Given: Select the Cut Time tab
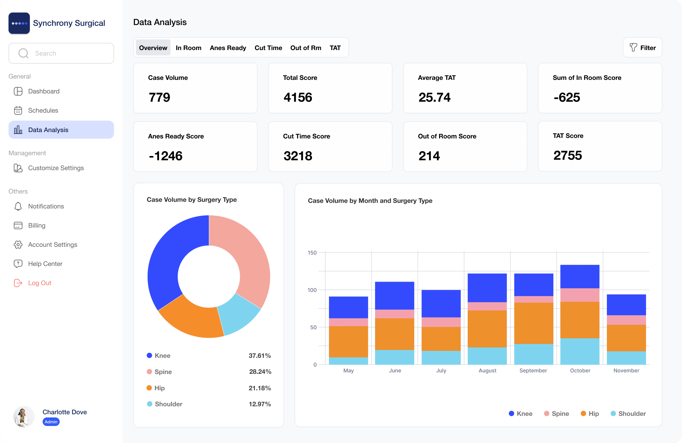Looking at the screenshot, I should click(268, 48).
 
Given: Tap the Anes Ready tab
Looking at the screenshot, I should click(228, 48).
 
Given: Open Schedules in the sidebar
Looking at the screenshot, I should click(43, 110).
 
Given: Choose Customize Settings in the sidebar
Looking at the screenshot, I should click(56, 168).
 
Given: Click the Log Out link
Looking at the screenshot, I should click(39, 283).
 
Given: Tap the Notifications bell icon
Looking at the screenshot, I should click(18, 207).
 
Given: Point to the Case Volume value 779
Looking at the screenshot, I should click(159, 97).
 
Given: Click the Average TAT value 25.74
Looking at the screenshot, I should click(435, 97).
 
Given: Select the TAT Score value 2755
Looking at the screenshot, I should click(568, 155).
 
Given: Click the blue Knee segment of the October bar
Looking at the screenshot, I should click(580, 277).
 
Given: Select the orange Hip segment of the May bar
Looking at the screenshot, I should click(348, 342).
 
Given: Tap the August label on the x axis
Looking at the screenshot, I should click(488, 371).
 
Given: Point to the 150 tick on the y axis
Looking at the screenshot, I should click(312, 253).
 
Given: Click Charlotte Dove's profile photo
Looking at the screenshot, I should click(24, 416).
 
